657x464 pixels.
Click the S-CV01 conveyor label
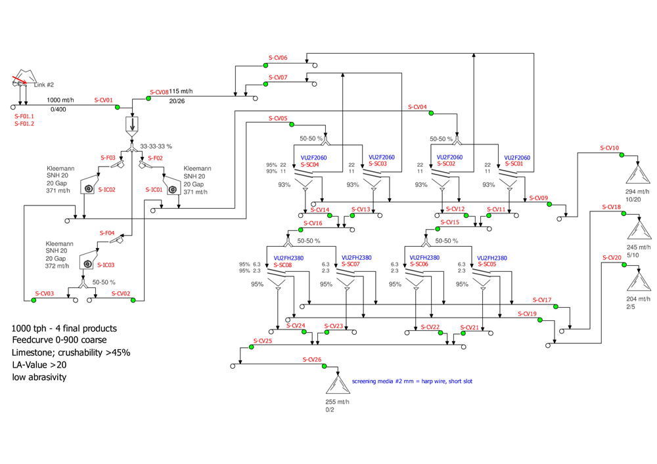click(x=104, y=100)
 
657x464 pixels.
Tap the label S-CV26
click(x=312, y=359)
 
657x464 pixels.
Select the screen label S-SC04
click(x=310, y=165)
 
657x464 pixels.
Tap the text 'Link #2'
click(x=43, y=85)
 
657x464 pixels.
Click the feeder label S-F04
click(x=108, y=233)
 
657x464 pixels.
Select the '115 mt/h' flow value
click(x=182, y=91)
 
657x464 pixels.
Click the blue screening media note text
click(x=412, y=381)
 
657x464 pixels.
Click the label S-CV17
click(x=542, y=300)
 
